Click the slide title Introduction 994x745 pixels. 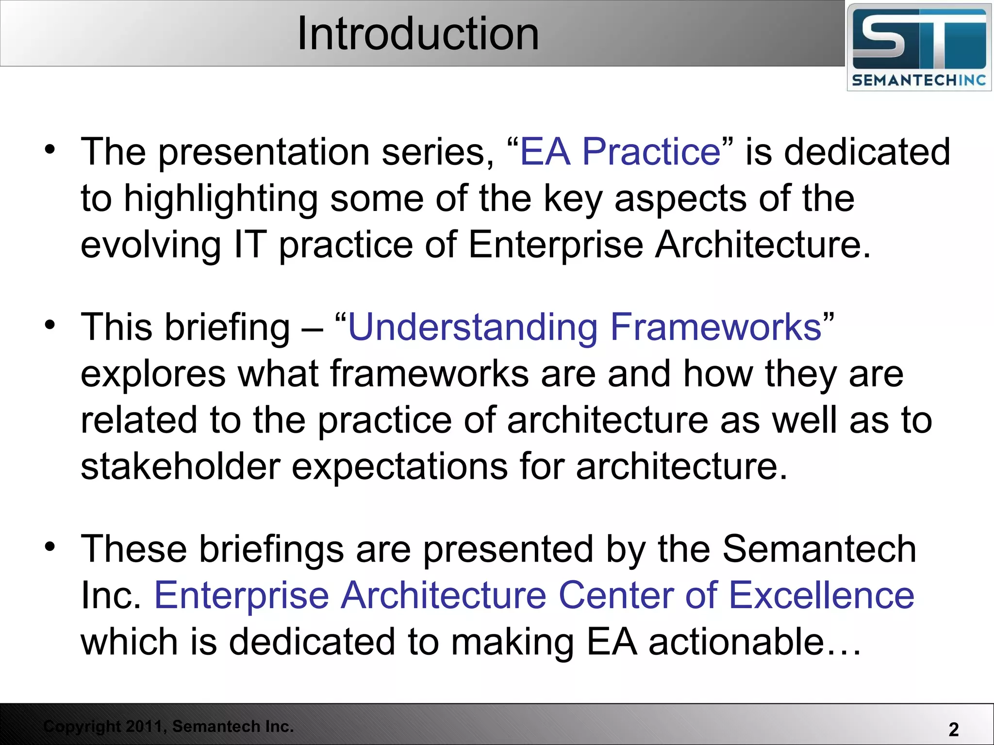418,34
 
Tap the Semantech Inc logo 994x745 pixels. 919,47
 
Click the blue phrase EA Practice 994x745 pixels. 620,152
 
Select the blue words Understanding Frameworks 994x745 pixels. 584,327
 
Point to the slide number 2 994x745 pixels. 953,729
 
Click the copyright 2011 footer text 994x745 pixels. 168,726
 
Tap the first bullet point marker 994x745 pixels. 50,149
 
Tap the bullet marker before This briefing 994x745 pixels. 50,325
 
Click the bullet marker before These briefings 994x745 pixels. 50,547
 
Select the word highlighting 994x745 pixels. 221,199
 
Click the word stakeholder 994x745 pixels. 181,467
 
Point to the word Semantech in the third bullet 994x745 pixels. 819,549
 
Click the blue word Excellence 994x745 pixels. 821,596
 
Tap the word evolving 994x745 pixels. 151,245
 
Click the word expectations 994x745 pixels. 399,467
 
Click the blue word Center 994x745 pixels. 615,596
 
